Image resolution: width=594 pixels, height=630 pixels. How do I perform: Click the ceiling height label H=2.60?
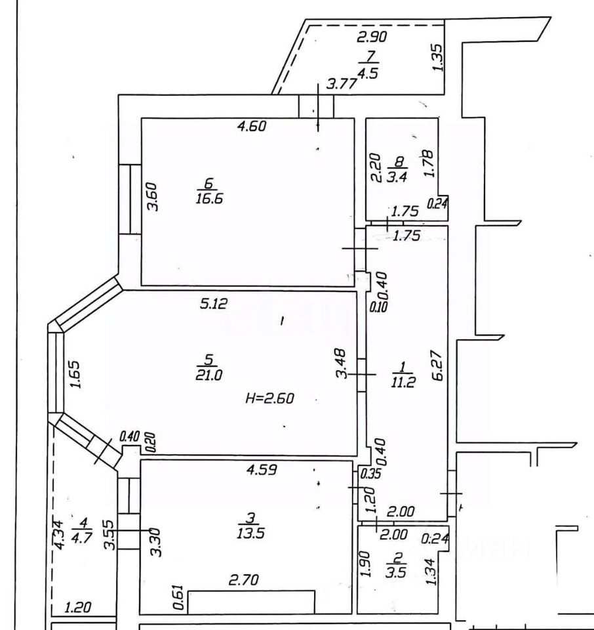pyautogui.click(x=271, y=398)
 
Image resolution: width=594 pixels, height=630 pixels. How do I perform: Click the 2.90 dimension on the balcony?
pyautogui.click(x=372, y=37)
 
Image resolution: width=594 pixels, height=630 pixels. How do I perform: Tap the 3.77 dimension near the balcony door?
pyautogui.click(x=342, y=83)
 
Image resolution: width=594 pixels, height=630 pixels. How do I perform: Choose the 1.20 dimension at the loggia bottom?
pyautogui.click(x=79, y=608)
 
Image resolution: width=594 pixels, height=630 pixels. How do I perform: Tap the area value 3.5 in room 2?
pyautogui.click(x=396, y=569)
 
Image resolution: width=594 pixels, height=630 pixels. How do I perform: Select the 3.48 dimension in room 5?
pyautogui.click(x=341, y=366)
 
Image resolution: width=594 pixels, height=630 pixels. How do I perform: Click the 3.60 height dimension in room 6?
pyautogui.click(x=153, y=196)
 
